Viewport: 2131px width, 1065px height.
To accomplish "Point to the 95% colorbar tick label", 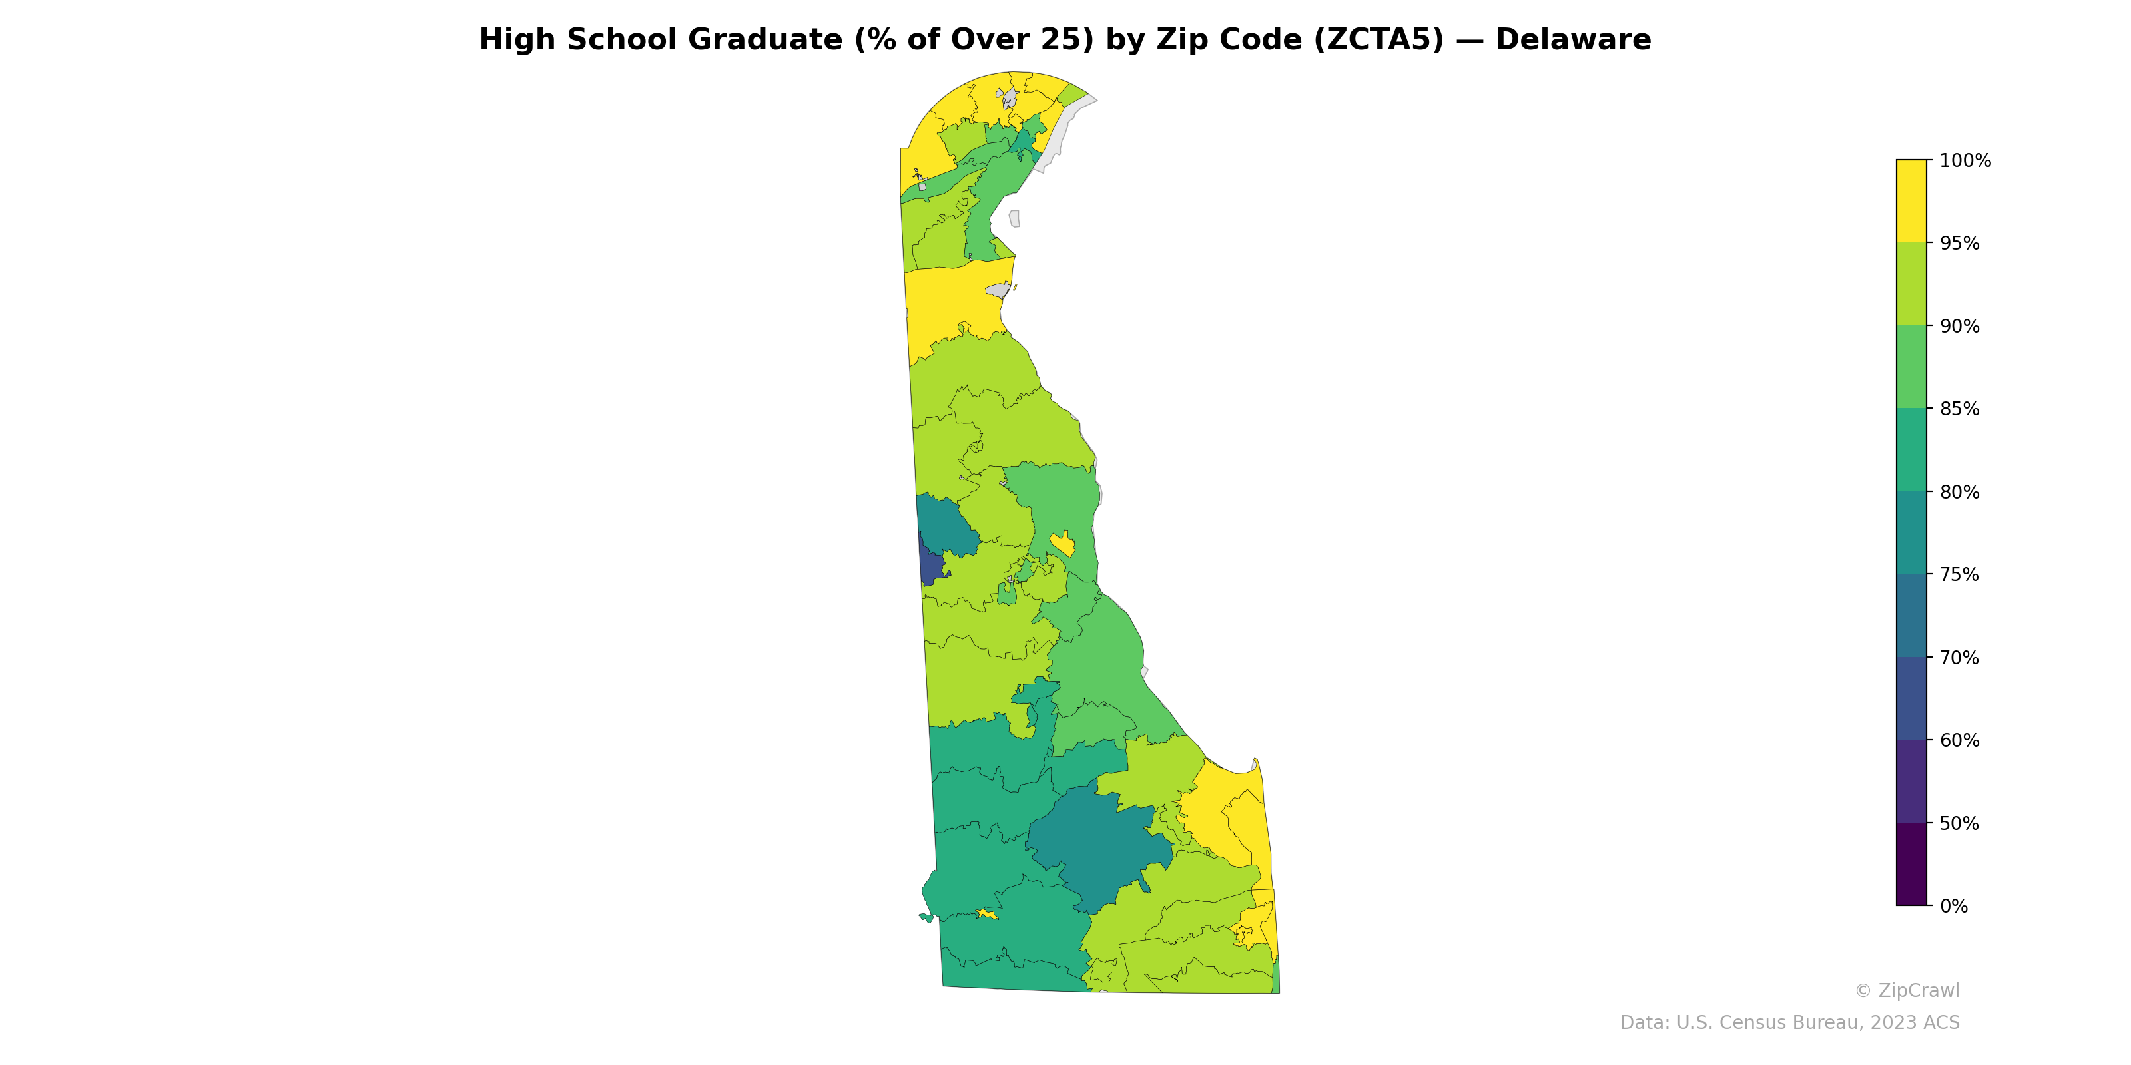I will tap(1959, 244).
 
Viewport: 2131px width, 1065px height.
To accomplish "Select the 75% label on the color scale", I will tap(1959, 574).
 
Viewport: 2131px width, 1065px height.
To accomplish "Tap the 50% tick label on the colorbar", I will tap(1959, 823).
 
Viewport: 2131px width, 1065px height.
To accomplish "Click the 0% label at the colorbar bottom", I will tap(1954, 906).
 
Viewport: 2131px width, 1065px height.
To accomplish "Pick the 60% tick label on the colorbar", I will tap(1959, 741).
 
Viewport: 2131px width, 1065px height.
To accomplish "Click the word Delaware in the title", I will tap(1572, 40).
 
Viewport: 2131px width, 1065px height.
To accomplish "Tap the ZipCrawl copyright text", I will tap(1906, 990).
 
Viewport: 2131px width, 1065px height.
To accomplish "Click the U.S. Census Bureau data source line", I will tap(1789, 1023).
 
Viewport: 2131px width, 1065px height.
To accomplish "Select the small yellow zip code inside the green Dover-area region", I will tap(1063, 544).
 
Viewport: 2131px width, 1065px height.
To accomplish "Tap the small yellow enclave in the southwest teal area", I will tap(986, 914).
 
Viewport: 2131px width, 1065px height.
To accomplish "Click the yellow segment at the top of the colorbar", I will tap(1911, 201).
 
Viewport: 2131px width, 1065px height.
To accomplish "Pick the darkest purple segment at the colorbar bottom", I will tap(1911, 864).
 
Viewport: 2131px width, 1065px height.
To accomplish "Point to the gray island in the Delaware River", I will tap(1014, 218).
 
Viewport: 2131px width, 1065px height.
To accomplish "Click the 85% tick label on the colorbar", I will tap(1959, 409).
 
